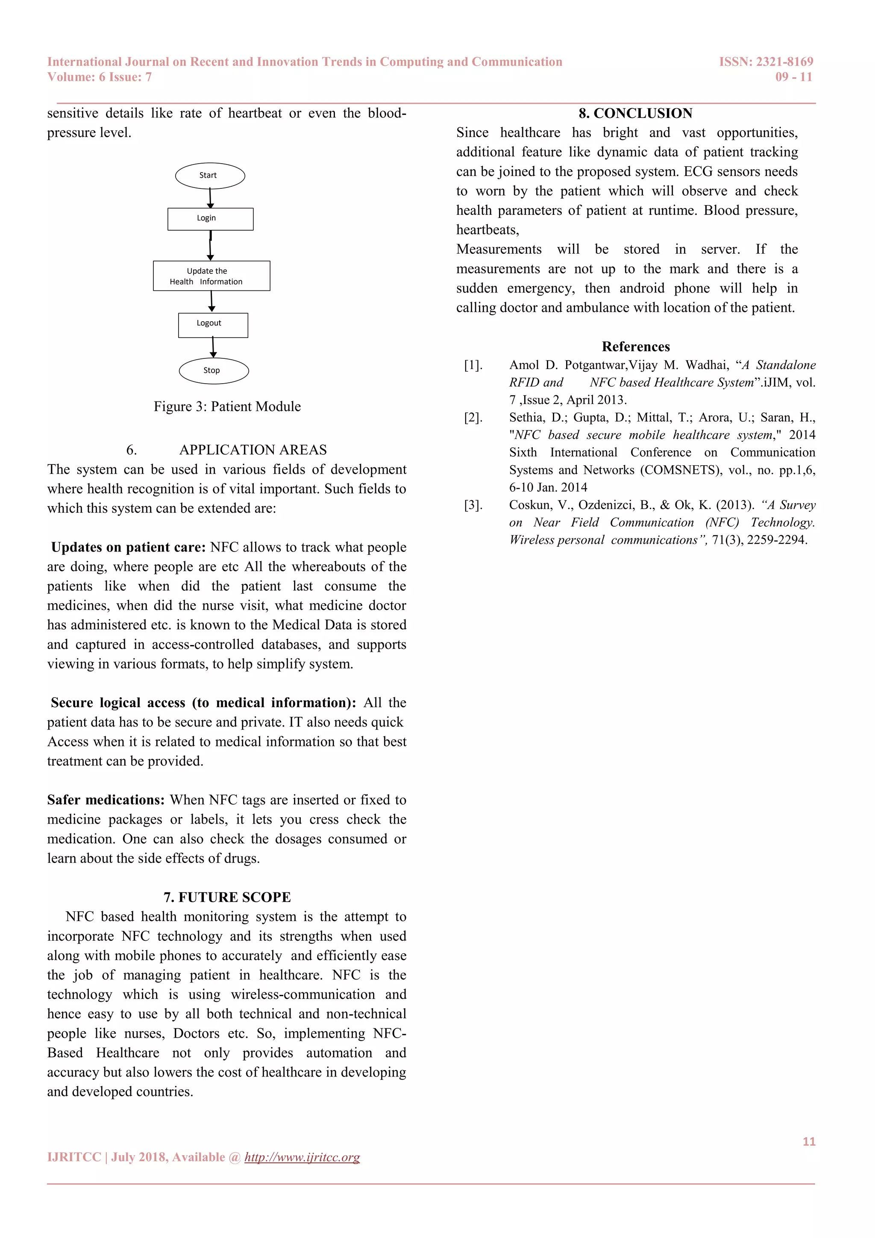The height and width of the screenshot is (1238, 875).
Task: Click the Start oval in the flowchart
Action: (x=210, y=176)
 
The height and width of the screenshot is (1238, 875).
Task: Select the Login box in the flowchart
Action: (x=210, y=219)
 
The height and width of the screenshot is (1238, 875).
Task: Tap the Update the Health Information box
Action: (x=211, y=276)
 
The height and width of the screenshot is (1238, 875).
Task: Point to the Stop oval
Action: (x=214, y=371)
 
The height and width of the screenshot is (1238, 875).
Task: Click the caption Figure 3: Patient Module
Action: (x=227, y=407)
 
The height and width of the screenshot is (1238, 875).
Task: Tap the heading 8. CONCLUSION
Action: (x=635, y=113)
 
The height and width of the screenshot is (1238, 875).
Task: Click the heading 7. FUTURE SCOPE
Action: (x=227, y=897)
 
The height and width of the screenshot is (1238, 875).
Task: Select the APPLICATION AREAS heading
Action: (x=253, y=450)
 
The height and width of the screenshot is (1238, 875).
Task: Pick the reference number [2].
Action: (x=473, y=417)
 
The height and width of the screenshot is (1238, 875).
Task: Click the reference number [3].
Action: (x=473, y=505)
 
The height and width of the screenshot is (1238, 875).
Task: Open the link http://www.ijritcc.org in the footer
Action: (x=302, y=1157)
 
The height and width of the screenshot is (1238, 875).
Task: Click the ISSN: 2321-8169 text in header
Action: (x=766, y=62)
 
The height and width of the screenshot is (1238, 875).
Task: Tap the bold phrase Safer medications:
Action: (x=106, y=800)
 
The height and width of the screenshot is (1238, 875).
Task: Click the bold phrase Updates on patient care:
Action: (x=128, y=547)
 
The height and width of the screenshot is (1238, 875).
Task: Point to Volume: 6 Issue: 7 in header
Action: (x=99, y=77)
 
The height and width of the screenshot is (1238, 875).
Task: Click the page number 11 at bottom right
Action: (x=809, y=1141)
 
